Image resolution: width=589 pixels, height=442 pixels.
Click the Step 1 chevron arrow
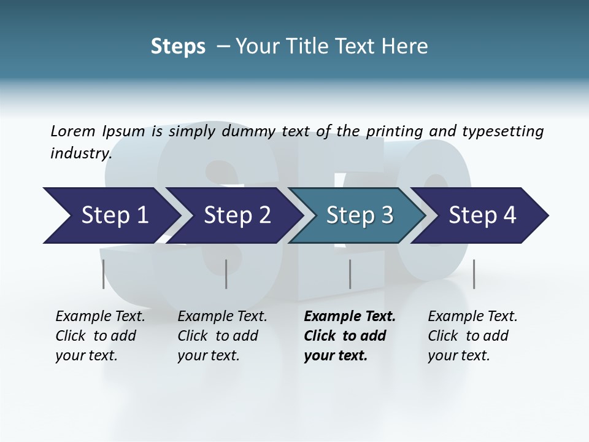tap(110, 215)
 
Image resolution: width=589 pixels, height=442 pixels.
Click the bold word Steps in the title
tap(178, 46)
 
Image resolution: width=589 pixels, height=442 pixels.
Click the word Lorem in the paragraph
tap(72, 131)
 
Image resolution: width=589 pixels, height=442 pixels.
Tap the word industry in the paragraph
tap(80, 153)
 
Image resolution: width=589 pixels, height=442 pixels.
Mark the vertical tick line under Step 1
tap(104, 274)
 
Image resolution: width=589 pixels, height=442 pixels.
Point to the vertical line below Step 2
tap(226, 274)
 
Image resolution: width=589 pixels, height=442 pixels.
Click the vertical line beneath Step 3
tap(350, 274)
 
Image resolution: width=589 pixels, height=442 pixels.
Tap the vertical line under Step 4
tap(474, 274)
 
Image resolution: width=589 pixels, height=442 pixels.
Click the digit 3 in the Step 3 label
tap(386, 215)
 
